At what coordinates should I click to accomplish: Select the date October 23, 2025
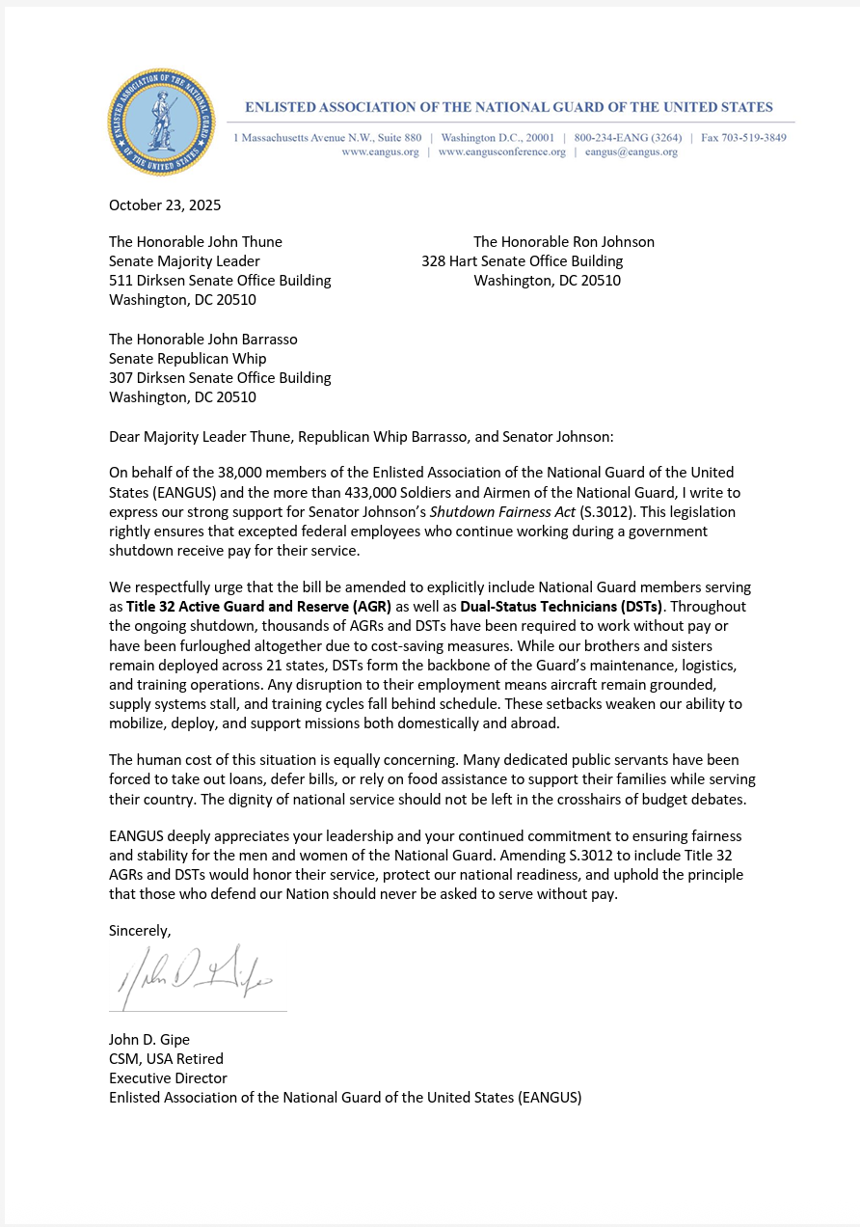[165, 204]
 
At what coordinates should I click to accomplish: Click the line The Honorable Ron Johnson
[563, 242]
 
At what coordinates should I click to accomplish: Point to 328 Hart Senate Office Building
[522, 261]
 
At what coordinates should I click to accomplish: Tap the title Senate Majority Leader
[184, 261]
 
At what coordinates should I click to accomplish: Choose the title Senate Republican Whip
[187, 359]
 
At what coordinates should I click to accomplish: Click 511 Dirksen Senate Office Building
[220, 281]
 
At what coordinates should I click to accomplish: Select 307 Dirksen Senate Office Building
[220, 378]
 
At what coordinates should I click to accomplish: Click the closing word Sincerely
[140, 931]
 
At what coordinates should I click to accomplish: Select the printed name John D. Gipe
[149, 1040]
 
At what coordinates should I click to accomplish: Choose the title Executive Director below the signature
[168, 1078]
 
